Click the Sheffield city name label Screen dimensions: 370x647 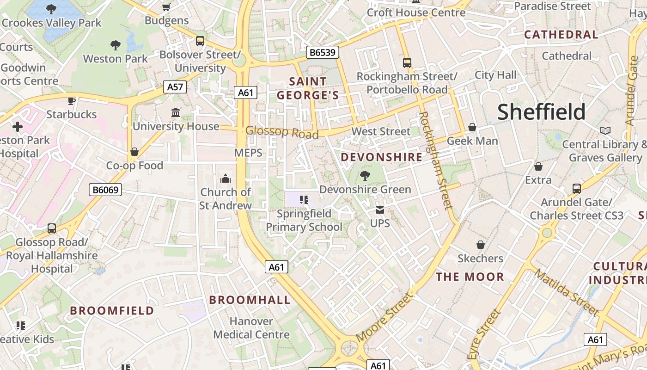click(x=541, y=112)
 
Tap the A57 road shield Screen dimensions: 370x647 click(x=175, y=86)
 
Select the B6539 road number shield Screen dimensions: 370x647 click(x=323, y=52)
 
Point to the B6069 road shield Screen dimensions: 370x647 click(x=105, y=189)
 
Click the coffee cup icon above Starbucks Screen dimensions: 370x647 click(x=72, y=100)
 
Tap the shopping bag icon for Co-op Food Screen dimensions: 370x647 click(x=134, y=152)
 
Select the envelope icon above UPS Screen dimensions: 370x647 click(x=380, y=210)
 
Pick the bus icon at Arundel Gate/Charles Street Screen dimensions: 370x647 click(x=576, y=189)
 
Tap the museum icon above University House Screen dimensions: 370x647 click(x=176, y=112)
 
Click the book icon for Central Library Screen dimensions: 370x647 click(x=605, y=131)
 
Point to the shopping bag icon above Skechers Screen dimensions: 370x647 click(x=481, y=245)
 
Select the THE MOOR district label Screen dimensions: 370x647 click(x=470, y=277)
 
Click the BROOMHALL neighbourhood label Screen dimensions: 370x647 click(x=250, y=300)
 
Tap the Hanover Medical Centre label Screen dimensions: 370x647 click(x=251, y=327)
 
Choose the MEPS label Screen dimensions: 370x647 click(x=248, y=153)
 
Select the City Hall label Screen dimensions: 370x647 click(x=495, y=75)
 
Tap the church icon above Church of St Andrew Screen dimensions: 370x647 click(x=226, y=179)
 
